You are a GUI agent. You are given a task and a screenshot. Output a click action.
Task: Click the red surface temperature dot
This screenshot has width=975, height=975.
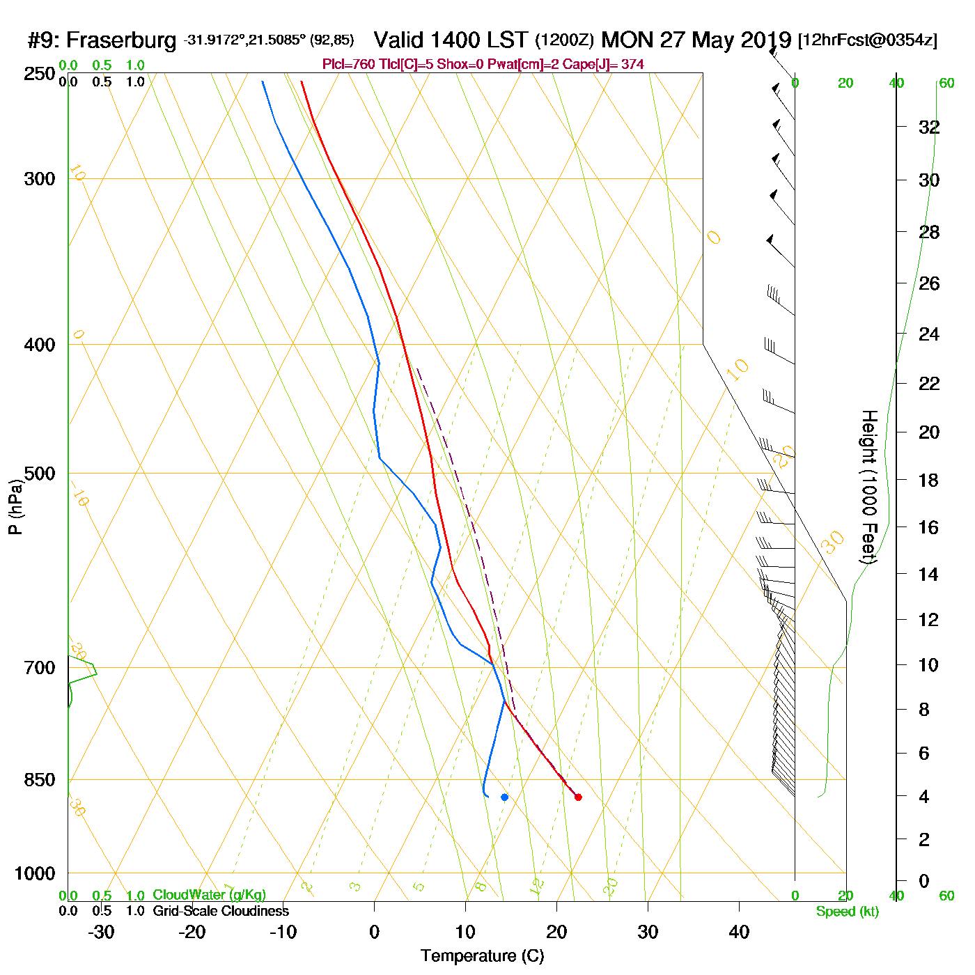[x=578, y=797]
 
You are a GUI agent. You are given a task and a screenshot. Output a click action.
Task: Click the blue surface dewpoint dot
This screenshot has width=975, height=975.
[x=504, y=797]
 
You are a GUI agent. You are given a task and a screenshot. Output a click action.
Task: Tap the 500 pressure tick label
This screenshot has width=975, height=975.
[x=40, y=474]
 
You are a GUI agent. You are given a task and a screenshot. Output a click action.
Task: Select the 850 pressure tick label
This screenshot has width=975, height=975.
[x=40, y=780]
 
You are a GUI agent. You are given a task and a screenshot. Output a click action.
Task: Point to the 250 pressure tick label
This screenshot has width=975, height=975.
[x=40, y=74]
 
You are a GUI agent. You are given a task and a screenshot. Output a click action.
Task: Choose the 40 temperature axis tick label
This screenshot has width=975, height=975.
[x=739, y=932]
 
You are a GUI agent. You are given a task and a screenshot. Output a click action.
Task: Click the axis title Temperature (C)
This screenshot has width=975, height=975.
[x=482, y=956]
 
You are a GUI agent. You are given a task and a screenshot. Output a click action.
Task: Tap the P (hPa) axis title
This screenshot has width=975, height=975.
[x=15, y=506]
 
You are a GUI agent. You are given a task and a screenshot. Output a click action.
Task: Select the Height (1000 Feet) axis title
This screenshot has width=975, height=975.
[x=868, y=486]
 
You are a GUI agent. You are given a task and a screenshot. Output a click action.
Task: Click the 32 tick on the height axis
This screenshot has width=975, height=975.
[x=929, y=127]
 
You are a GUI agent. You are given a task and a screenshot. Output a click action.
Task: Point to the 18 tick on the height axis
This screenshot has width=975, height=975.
[x=929, y=480]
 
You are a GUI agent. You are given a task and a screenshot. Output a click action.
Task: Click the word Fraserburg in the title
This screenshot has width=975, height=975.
[x=122, y=40]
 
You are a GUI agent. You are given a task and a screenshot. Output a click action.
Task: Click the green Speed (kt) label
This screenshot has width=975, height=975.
[x=848, y=912]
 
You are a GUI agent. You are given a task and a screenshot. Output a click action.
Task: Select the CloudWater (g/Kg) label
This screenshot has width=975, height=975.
[x=209, y=895]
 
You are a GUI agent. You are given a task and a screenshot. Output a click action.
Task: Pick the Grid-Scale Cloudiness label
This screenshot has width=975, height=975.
[x=221, y=911]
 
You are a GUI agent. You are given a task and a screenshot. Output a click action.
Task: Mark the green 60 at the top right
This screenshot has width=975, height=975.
[x=946, y=84]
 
